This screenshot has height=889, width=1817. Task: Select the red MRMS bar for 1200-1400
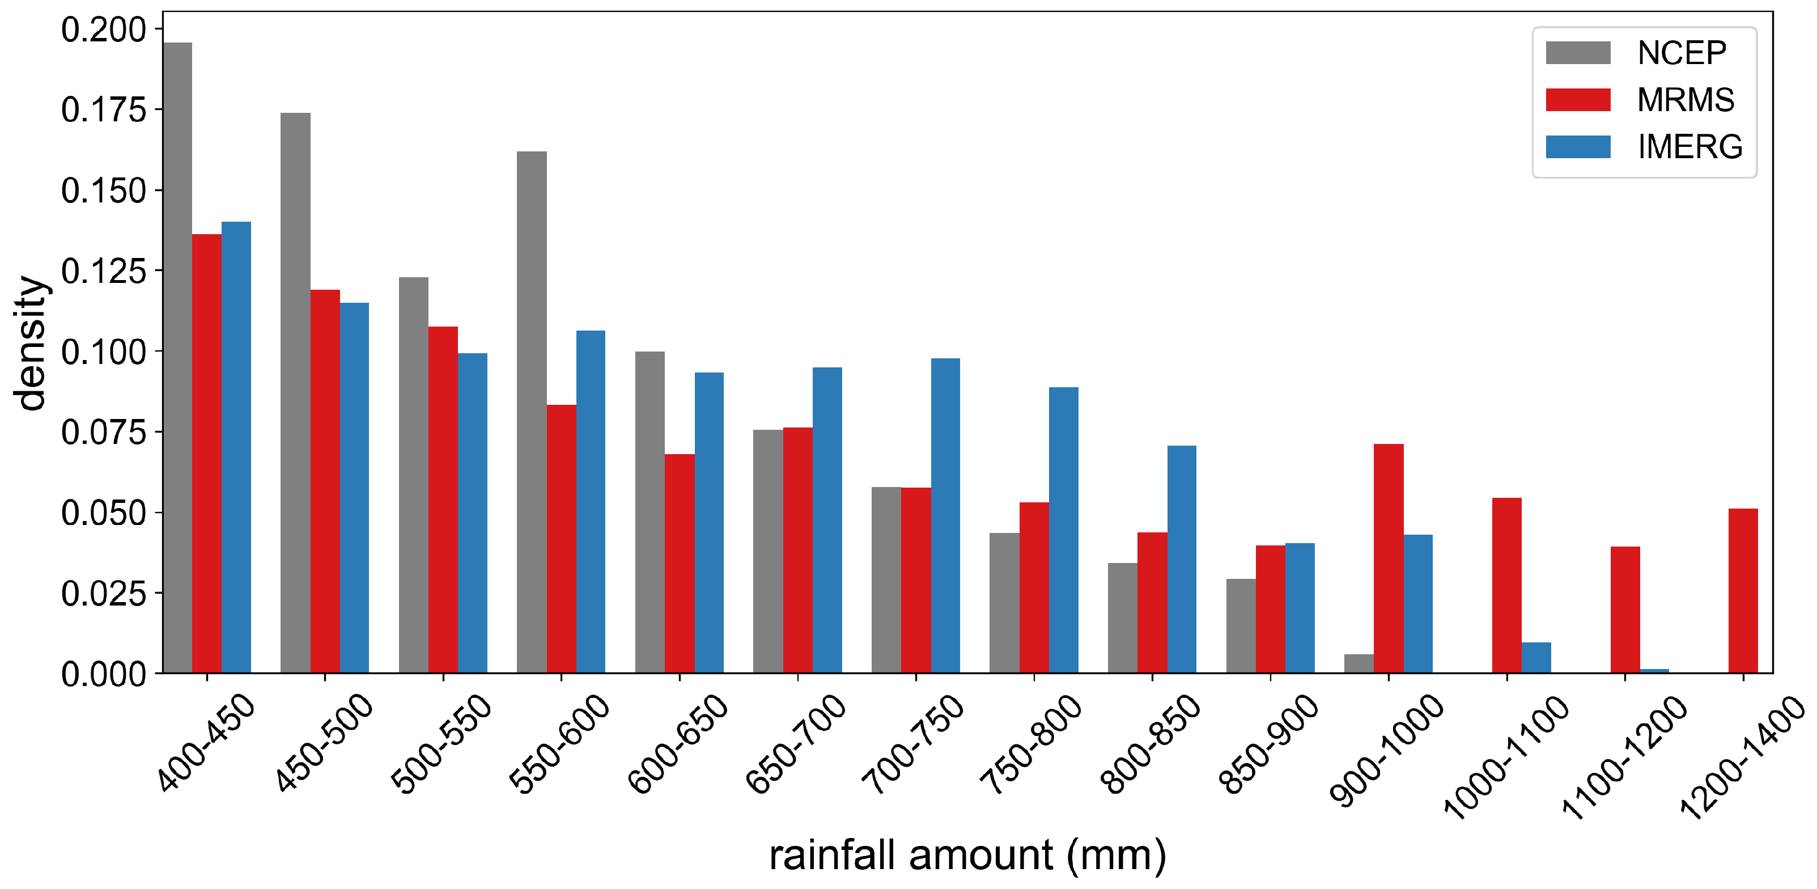tap(1742, 591)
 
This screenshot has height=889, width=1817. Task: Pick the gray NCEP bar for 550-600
tap(531, 412)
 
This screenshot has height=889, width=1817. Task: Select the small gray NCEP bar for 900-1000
tap(1358, 664)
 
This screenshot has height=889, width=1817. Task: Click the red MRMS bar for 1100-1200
tap(1624, 609)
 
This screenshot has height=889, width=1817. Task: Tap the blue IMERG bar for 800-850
tap(1182, 560)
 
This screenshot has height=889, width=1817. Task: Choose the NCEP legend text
tap(1681, 53)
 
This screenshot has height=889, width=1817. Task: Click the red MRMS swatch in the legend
tap(1577, 99)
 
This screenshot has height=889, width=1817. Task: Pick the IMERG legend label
tap(1689, 147)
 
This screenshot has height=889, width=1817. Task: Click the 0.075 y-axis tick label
tap(104, 432)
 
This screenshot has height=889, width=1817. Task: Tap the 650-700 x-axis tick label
tap(795, 744)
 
